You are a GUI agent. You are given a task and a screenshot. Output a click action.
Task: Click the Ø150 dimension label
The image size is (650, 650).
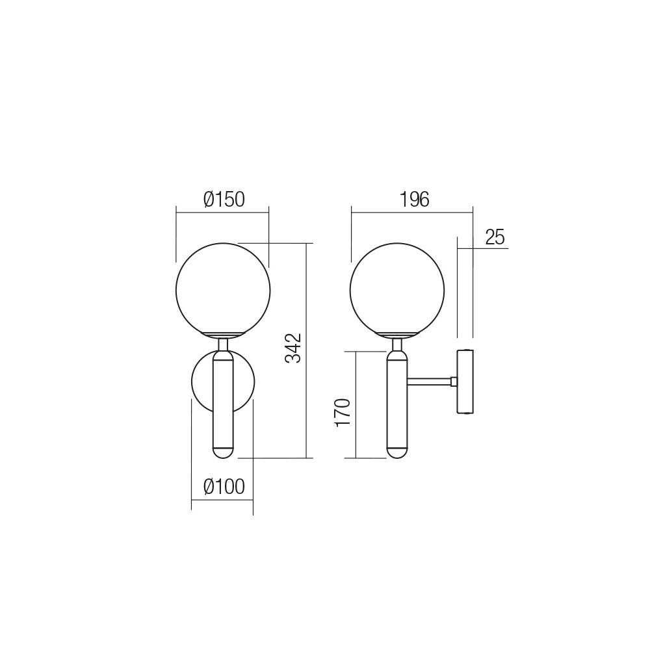click(x=224, y=200)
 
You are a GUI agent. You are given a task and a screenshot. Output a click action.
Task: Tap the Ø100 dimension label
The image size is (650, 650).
click(x=224, y=486)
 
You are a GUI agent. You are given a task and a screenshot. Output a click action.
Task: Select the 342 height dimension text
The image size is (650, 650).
click(x=294, y=348)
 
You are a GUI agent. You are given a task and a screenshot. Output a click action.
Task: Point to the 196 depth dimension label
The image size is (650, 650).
click(x=415, y=200)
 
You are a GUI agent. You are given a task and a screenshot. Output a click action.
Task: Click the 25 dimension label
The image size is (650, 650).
click(x=495, y=237)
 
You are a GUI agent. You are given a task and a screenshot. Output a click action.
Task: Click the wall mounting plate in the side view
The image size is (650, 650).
click(x=465, y=381)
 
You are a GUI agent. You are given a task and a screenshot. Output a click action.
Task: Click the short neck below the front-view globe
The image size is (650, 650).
click(x=222, y=343)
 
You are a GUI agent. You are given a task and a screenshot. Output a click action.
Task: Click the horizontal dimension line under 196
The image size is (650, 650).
click(x=412, y=210)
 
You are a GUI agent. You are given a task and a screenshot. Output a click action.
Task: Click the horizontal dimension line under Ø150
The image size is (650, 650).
click(x=222, y=210)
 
